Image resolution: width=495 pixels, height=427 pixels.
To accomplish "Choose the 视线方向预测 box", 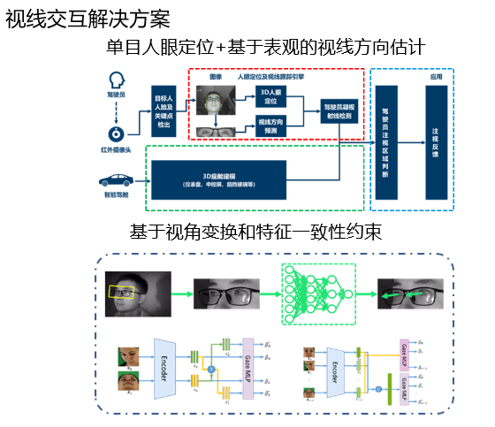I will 270,125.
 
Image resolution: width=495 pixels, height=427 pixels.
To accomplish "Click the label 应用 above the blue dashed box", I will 435,77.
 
